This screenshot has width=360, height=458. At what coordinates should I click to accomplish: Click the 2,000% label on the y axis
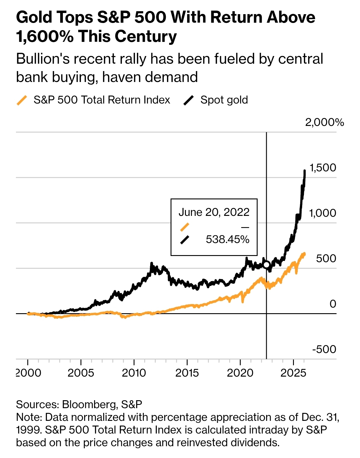click(324, 122)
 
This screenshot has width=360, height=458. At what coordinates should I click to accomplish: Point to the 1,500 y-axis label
click(323, 168)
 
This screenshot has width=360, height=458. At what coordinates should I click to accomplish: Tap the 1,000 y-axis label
click(322, 213)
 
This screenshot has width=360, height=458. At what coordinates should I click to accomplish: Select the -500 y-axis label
click(324, 349)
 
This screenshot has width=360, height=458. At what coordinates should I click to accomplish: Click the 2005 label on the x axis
click(81, 373)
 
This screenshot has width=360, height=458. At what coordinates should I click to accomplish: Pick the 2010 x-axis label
click(134, 373)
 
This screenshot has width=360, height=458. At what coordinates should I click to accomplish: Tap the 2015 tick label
click(187, 373)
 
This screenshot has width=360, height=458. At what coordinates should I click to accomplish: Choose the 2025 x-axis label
click(293, 373)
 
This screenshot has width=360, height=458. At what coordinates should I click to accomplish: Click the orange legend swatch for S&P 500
click(22, 100)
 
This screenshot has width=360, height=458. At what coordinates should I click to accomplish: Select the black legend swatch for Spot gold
click(189, 100)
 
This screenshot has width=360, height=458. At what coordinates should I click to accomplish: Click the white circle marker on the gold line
click(266, 265)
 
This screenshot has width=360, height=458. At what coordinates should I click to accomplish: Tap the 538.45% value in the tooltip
click(228, 239)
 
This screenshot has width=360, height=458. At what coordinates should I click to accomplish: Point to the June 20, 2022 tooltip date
click(214, 212)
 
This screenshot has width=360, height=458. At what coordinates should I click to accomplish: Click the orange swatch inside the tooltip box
click(185, 227)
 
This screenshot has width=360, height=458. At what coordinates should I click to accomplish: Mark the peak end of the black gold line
click(305, 171)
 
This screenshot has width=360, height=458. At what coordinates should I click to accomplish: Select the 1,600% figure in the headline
click(45, 37)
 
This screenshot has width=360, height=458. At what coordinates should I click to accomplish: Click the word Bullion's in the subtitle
click(42, 59)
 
